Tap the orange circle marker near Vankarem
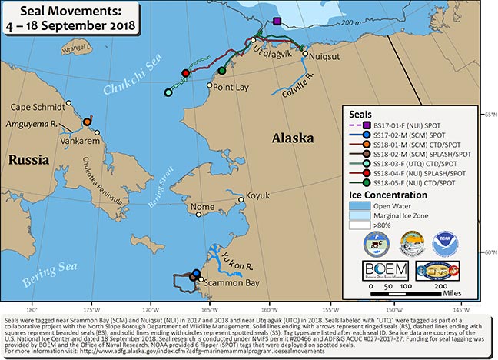pyautogui.click(x=87, y=122)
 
